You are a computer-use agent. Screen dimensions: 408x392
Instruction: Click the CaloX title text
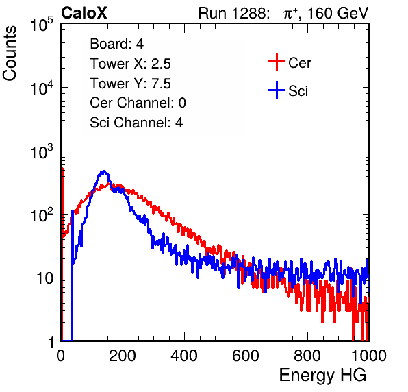coord(84,13)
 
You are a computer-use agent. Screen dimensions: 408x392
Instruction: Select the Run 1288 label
coord(233,13)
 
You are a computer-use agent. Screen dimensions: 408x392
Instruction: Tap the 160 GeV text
coord(337,13)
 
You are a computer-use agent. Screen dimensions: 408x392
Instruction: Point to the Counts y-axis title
coord(10,53)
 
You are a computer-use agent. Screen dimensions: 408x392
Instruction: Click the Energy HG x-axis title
coord(322,376)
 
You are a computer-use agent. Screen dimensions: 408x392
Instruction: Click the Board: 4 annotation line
coord(117,44)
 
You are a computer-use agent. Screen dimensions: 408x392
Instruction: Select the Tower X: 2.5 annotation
coord(130,64)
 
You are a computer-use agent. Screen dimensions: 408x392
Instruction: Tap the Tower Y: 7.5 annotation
coord(130,84)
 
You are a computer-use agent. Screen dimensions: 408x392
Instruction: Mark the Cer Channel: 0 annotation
coord(138,103)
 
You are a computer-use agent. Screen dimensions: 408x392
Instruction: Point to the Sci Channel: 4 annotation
coord(136,123)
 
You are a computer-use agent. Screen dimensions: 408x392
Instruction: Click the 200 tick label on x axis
coord(123,356)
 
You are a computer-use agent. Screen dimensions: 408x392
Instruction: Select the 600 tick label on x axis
coord(246,356)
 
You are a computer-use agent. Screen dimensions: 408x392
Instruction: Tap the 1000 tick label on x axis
coord(369,356)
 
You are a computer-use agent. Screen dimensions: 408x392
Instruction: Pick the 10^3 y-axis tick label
coord(42,151)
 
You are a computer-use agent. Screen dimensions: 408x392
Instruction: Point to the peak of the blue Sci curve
coord(104,171)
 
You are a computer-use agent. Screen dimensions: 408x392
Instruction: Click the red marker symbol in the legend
coord(277,62)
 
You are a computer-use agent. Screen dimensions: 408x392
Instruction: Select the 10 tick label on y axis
coord(44,278)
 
